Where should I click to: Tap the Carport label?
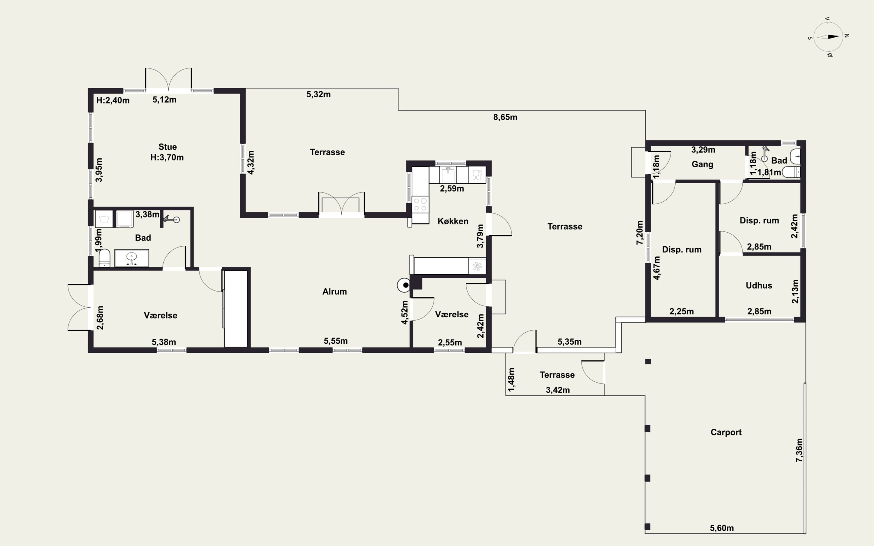click(726, 432)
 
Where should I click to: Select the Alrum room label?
click(334, 292)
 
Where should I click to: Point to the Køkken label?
click(453, 221)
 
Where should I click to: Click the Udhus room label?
click(759, 285)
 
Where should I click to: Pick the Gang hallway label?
click(702, 164)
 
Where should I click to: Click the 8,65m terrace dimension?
click(505, 117)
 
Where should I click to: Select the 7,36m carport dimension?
click(799, 450)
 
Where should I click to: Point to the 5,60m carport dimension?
click(722, 528)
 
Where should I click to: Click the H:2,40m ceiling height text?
click(113, 100)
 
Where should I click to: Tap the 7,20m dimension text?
click(639, 233)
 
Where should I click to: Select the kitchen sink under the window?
click(448, 175)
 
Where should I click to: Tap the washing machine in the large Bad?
click(104, 219)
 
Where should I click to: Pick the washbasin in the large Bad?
click(131, 258)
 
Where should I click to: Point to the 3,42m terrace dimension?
click(558, 390)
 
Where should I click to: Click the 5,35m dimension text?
click(570, 342)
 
